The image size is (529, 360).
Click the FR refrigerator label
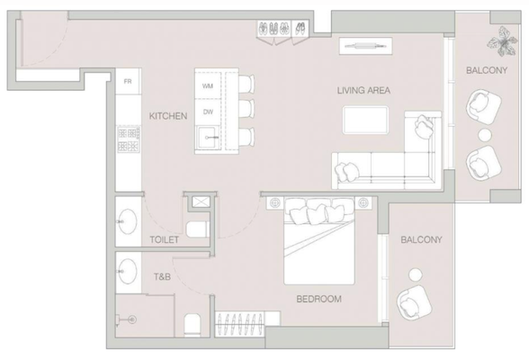click(x=128, y=81)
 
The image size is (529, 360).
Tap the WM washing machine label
click(x=208, y=86)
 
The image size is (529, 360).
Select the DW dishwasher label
click(x=208, y=112)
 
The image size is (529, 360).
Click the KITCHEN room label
click(x=168, y=116)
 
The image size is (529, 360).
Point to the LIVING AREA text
click(x=363, y=90)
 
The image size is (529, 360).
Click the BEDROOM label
click(x=318, y=299)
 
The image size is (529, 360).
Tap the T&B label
click(x=162, y=277)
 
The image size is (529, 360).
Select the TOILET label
click(x=165, y=240)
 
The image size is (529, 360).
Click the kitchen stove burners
click(x=129, y=139)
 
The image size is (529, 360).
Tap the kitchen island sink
click(x=209, y=138)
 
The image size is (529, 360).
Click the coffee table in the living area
click(x=365, y=120)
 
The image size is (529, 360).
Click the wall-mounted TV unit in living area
click(x=365, y=46)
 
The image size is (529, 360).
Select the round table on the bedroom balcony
click(x=415, y=274)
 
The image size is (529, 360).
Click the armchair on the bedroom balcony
click(x=414, y=302)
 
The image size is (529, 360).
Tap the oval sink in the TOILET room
click(x=128, y=221)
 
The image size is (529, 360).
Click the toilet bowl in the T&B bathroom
click(x=193, y=325)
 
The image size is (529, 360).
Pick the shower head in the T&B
click(x=133, y=319)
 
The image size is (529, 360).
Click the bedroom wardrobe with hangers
click(x=239, y=324)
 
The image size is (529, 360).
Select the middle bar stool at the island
click(x=247, y=109)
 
